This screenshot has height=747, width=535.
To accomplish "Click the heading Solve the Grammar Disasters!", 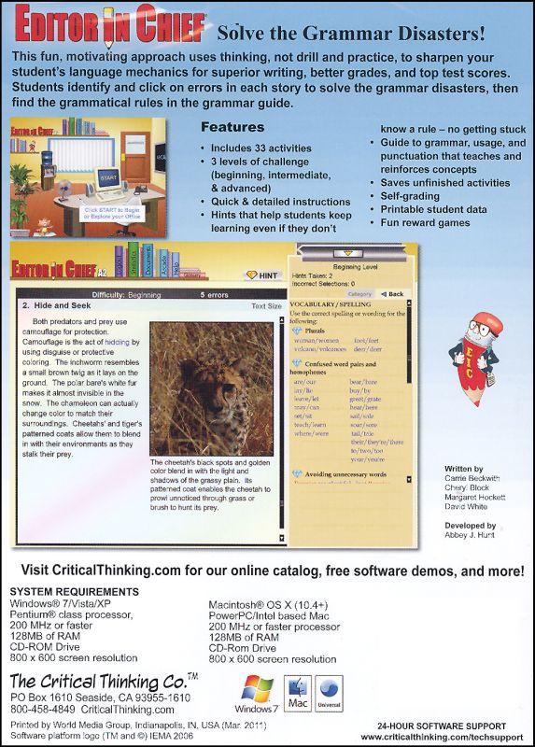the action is click(351, 35).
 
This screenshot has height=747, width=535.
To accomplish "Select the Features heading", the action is click(232, 127).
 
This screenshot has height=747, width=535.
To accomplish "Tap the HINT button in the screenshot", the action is click(264, 275).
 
